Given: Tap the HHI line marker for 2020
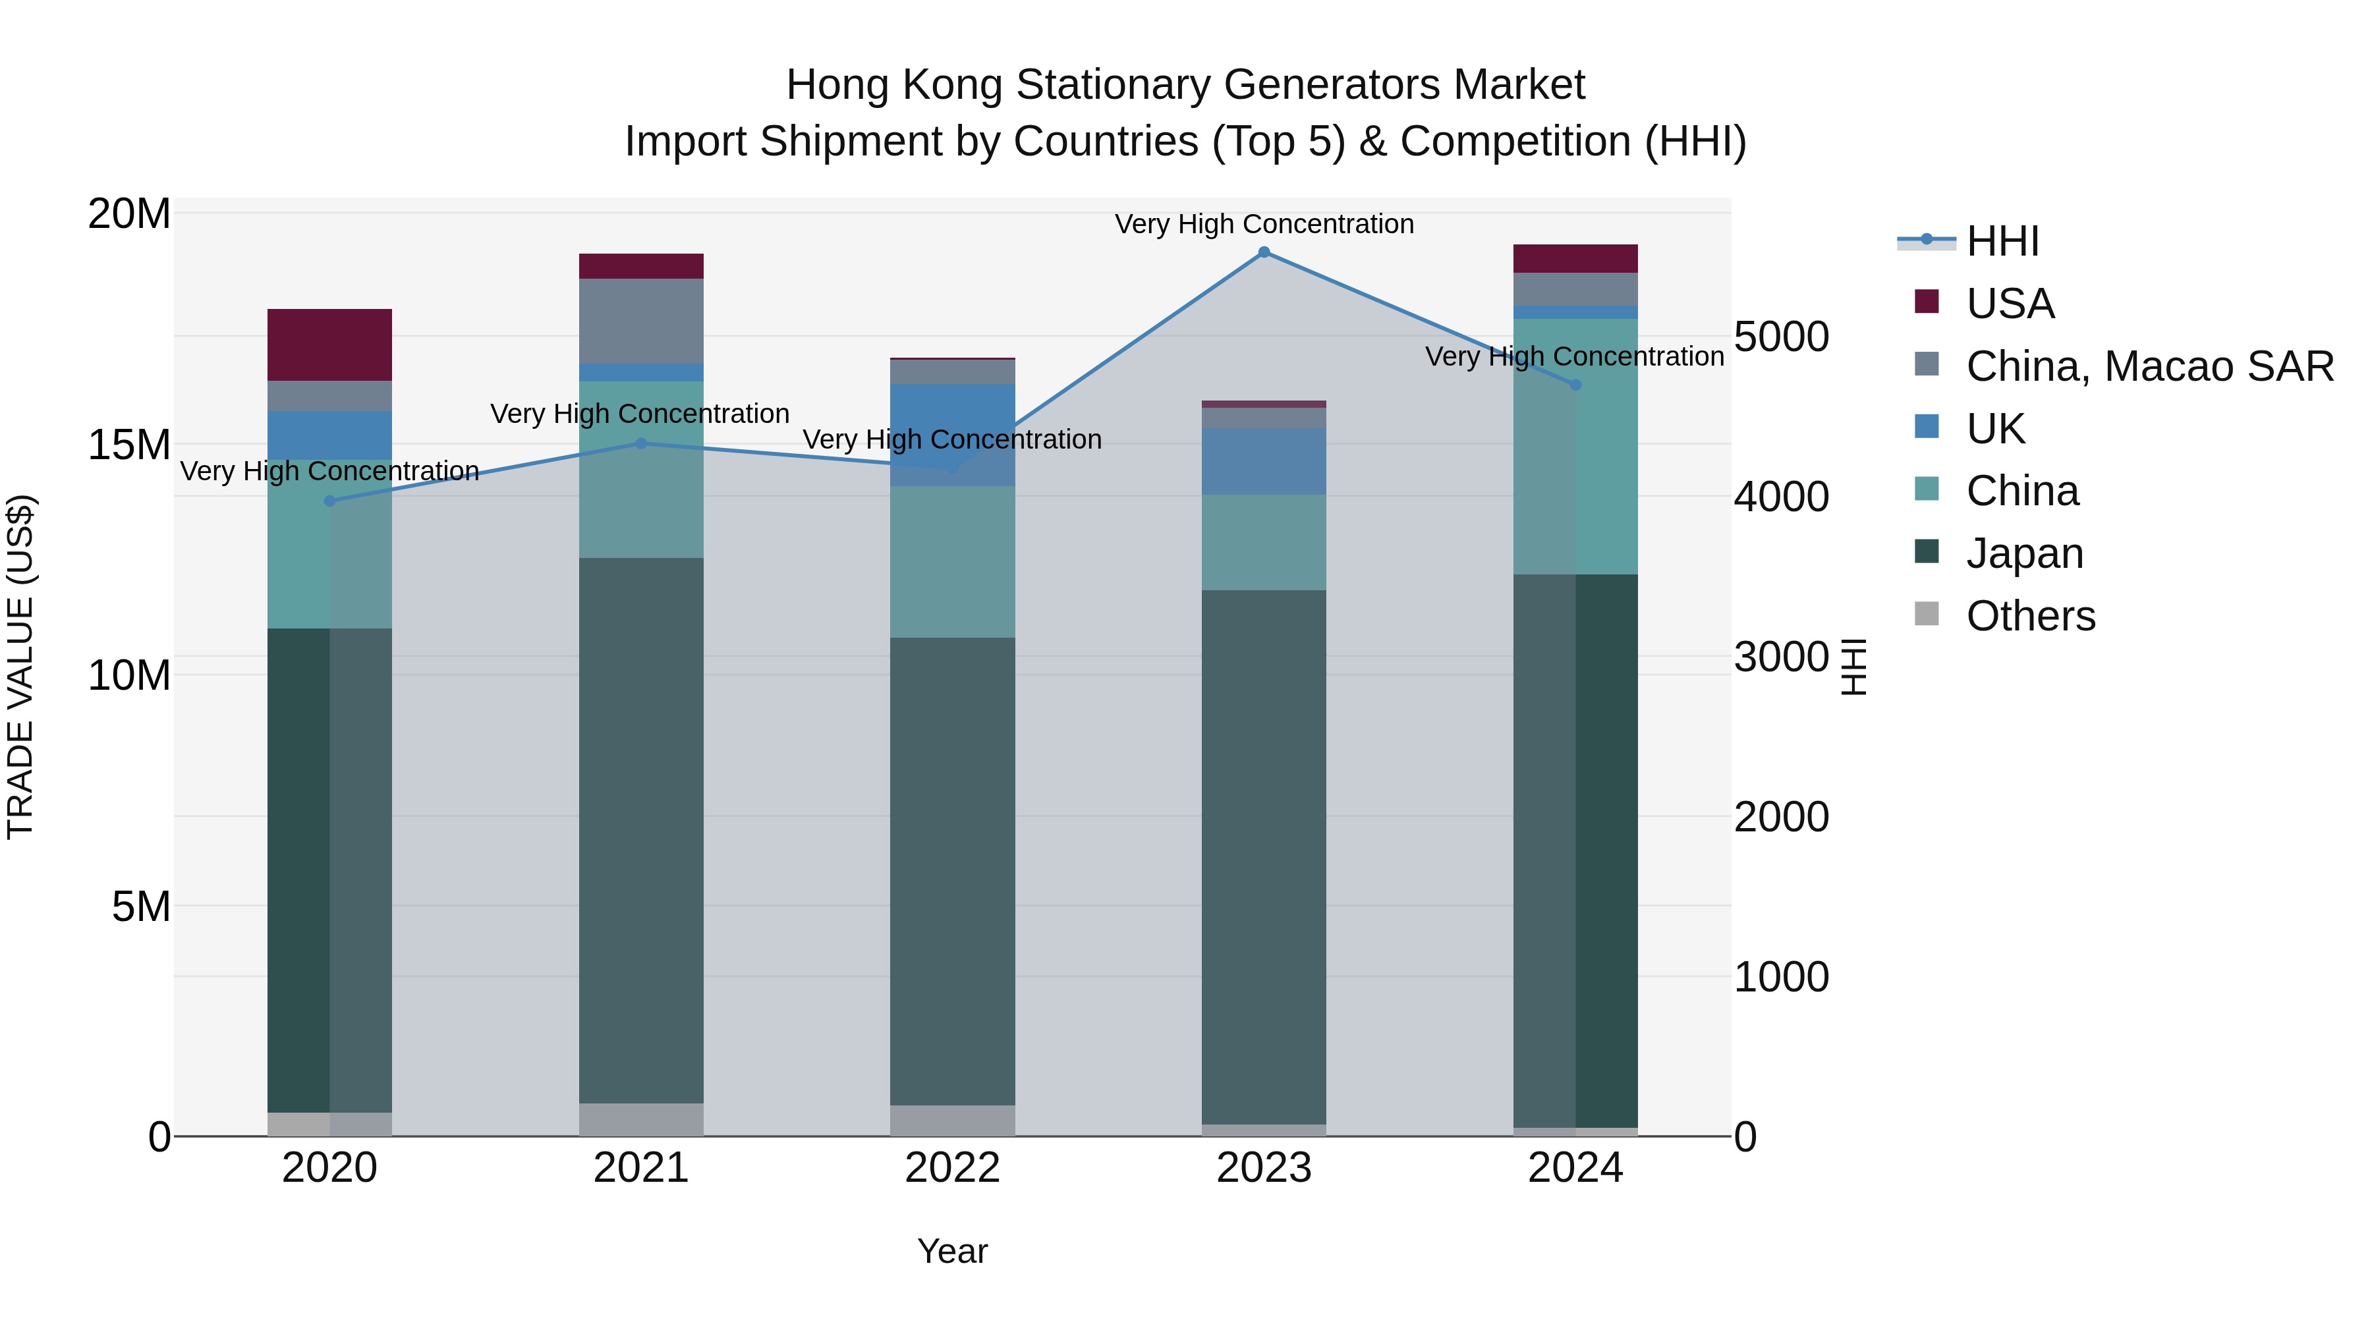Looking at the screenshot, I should click(x=329, y=501).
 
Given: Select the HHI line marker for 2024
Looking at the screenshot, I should click(x=1575, y=385).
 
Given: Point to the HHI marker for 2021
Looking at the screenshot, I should click(x=641, y=444).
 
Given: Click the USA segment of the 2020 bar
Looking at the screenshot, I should click(x=329, y=345).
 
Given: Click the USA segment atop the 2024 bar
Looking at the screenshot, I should click(x=1575, y=259).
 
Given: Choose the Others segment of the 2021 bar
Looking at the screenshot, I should click(x=641, y=1119).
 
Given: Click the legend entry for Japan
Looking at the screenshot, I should click(x=2024, y=553).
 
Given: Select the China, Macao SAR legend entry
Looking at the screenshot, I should click(x=2149, y=366).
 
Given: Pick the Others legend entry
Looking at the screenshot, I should click(x=2031, y=616).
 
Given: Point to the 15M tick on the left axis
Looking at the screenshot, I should click(x=129, y=445).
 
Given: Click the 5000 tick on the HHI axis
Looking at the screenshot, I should click(x=1781, y=337).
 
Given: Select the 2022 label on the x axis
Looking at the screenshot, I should click(x=952, y=1168).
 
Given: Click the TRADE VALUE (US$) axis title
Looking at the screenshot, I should click(x=20, y=667).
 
